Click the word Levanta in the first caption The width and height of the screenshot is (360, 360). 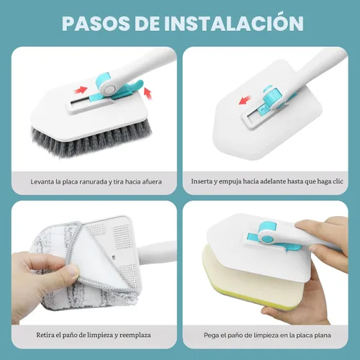[42, 181]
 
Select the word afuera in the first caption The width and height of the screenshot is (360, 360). [152, 181]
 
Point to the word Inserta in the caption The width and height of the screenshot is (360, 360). [202, 181]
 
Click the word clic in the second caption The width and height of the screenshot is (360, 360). [338, 181]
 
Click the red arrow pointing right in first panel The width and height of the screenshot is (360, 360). [81, 90]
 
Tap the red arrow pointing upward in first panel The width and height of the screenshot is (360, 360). [148, 94]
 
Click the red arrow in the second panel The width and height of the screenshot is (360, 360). [245, 100]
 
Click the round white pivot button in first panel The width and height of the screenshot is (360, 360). [109, 89]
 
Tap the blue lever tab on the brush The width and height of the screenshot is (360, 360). [135, 86]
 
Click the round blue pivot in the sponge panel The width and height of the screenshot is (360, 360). [266, 239]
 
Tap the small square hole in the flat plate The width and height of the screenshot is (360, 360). [114, 258]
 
